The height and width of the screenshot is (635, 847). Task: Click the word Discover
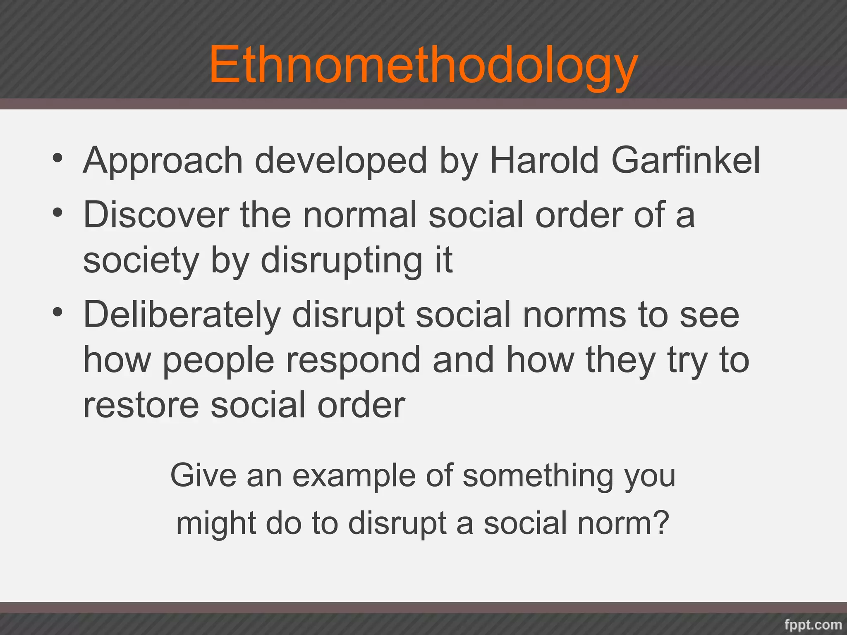(156, 215)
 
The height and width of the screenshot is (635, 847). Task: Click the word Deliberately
(182, 315)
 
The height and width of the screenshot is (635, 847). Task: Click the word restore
(141, 405)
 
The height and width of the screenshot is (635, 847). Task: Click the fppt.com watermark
(813, 624)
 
